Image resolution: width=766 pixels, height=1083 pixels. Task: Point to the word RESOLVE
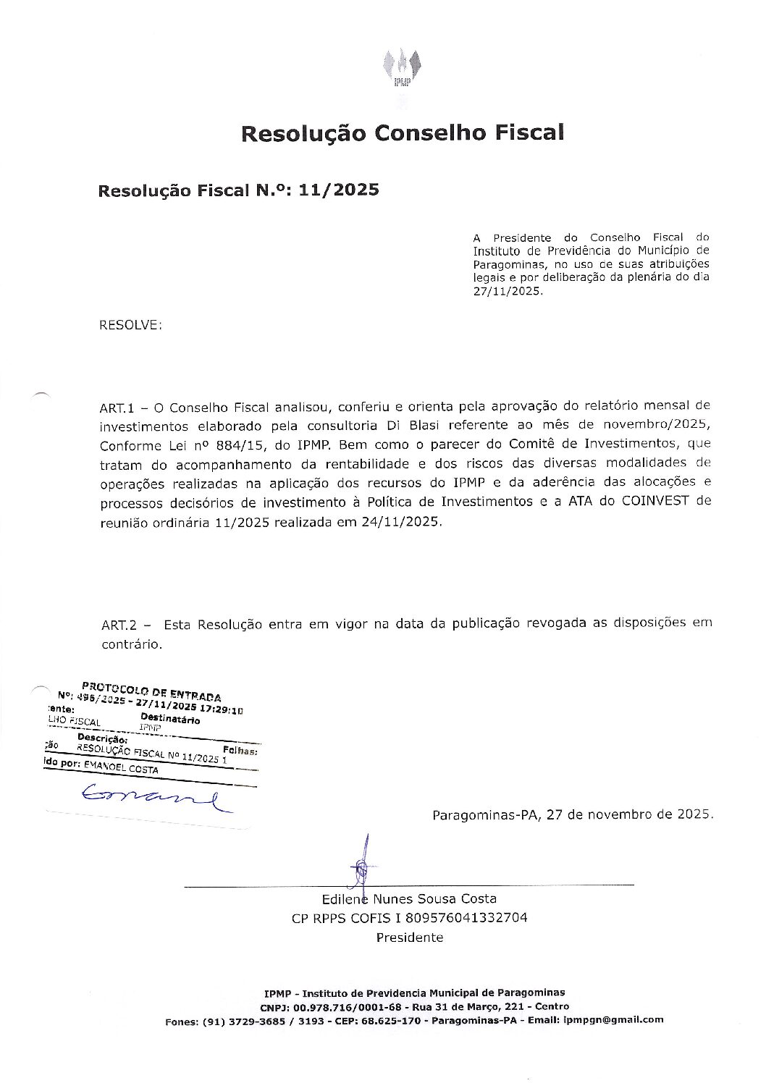click(130, 325)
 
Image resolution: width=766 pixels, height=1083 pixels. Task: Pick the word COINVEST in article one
click(655, 501)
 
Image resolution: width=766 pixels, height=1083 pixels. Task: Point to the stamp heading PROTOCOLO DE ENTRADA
click(151, 690)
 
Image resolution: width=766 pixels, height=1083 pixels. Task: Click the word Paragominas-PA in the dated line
click(487, 814)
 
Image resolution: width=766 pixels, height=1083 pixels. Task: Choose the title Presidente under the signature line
click(409, 937)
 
